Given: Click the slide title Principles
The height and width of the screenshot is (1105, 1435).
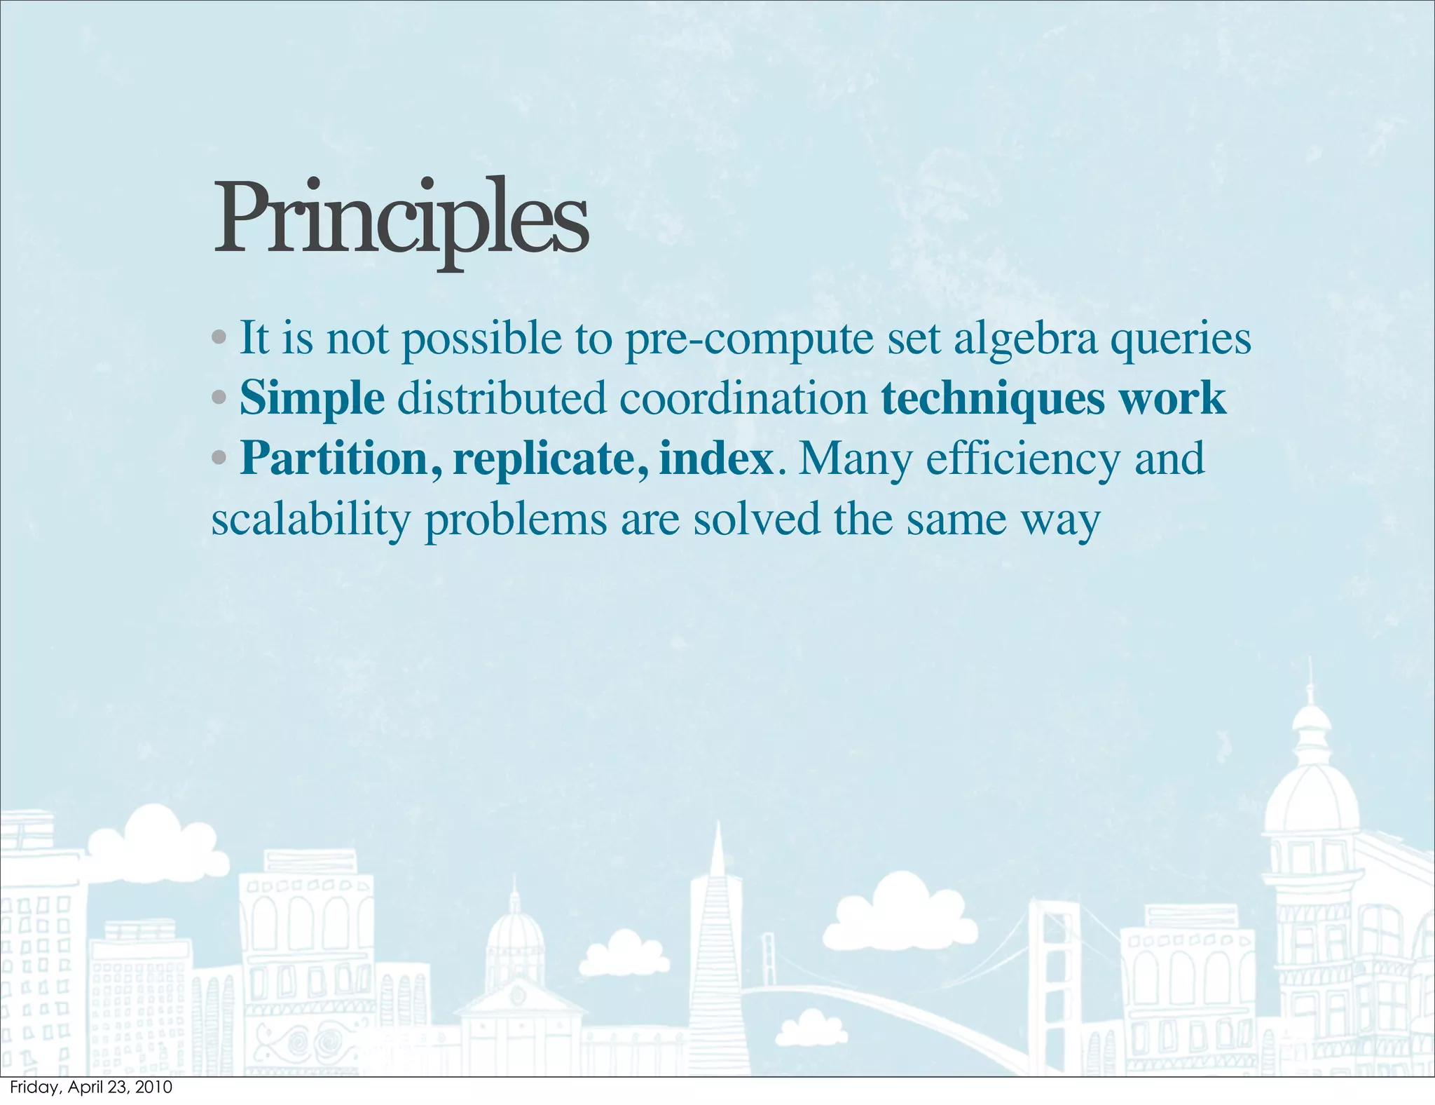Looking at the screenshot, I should coord(400,219).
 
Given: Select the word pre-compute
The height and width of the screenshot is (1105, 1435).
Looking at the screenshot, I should coord(748,340).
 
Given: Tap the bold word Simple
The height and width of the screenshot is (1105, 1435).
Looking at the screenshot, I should coord(312,399).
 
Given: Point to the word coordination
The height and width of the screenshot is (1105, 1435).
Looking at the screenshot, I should coord(743,399).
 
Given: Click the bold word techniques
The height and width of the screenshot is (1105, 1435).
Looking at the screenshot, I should coord(992,399).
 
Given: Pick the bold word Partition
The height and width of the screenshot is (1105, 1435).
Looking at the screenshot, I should coord(334,459).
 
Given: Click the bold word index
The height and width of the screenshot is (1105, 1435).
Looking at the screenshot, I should coord(715,459).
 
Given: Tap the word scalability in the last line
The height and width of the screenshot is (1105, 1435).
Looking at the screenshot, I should coord(310,520).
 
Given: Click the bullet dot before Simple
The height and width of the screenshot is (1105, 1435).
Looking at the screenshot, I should coord(219,398).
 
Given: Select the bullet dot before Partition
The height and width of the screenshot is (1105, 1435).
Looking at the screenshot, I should coord(219,459).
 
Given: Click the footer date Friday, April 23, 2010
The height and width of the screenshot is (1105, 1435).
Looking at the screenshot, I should coord(91,1087).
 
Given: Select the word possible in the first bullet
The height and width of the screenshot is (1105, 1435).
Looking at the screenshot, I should coord(481,340).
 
